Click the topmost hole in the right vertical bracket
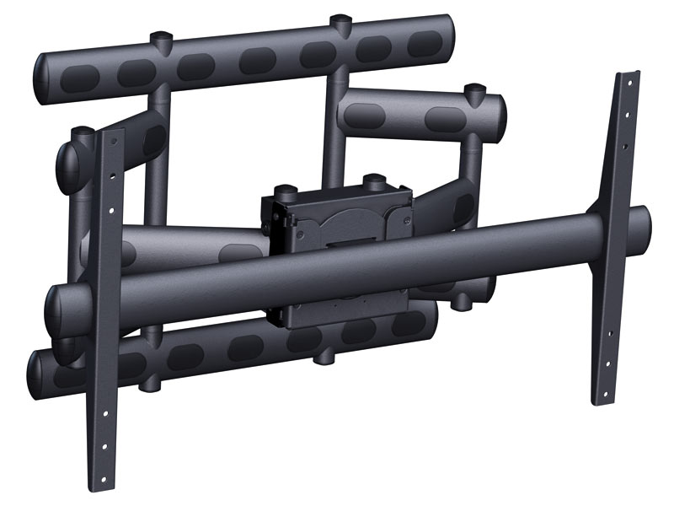coord(627,84)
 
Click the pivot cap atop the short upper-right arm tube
coord(476,89)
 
